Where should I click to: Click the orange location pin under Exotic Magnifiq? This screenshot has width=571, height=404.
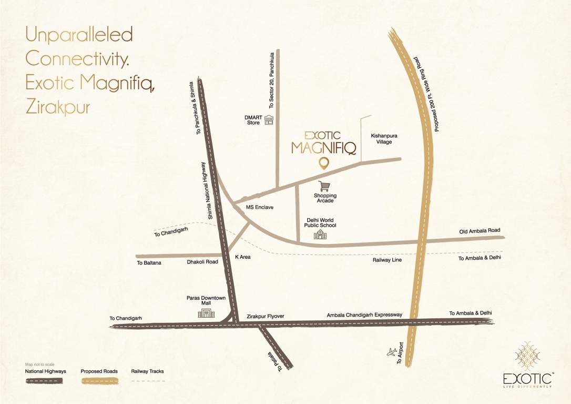coord(324,164)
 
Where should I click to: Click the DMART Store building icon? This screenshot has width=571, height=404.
coord(269,120)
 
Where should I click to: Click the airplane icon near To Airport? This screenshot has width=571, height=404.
coord(392,352)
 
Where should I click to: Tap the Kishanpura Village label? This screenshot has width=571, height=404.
coord(384,139)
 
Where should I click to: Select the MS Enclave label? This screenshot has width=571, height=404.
coord(260,207)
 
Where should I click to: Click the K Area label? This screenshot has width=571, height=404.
coord(242,257)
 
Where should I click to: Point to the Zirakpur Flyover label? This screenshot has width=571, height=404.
coord(265,316)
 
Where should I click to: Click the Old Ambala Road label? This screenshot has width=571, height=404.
coord(478,230)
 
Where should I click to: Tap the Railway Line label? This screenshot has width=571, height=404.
coord(387,259)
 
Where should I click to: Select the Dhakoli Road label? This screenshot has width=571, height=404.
coord(202,261)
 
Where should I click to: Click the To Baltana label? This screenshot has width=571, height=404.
coord(149,262)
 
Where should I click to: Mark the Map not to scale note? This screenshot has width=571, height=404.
coord(40,364)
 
